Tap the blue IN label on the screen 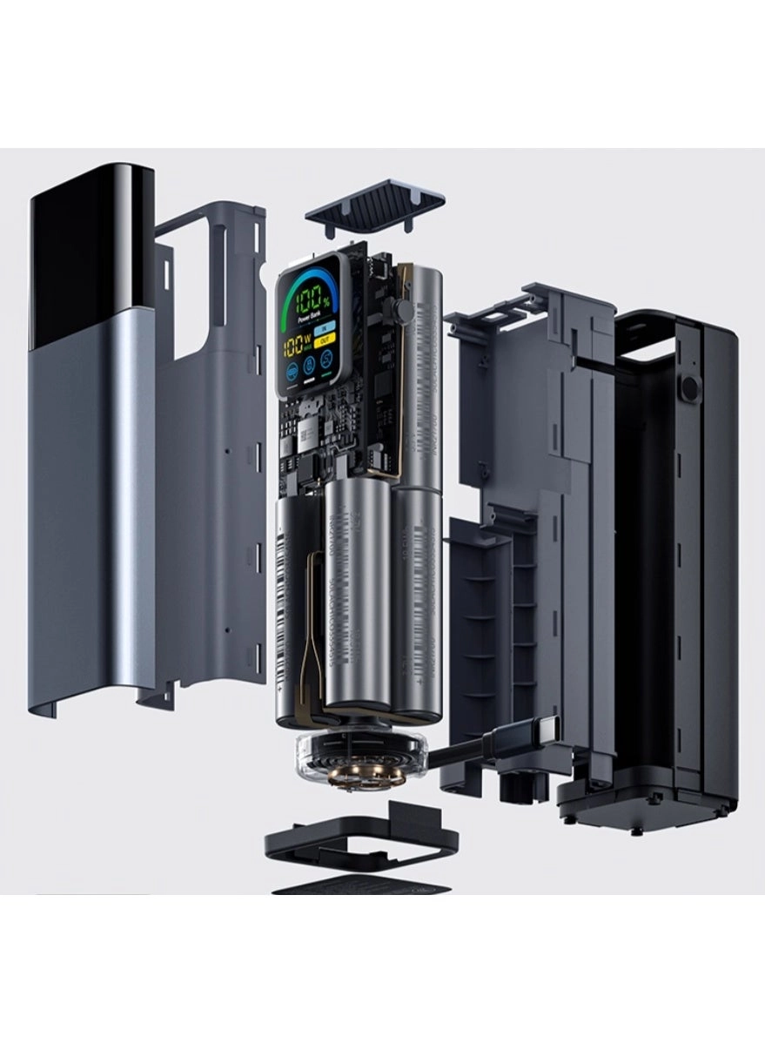click(325, 328)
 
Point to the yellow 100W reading click(297, 346)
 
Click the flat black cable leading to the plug click(461, 752)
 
